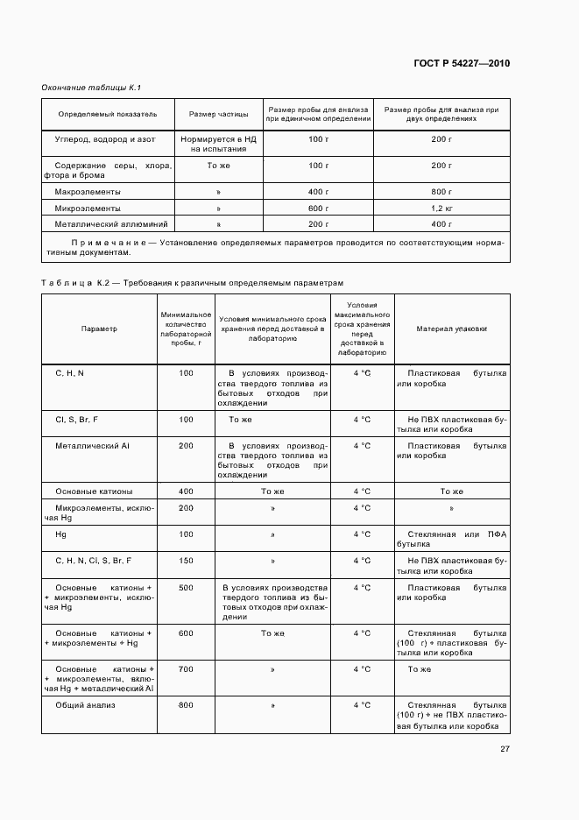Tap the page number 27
[x=505, y=748]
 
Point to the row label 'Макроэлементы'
[x=88, y=191]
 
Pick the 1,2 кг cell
[x=441, y=209]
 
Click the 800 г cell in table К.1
[x=441, y=191]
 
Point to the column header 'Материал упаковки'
[x=452, y=329]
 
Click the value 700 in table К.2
[x=186, y=669]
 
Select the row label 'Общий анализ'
[x=86, y=705]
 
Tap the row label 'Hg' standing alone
[x=60, y=534]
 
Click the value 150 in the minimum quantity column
[x=186, y=560]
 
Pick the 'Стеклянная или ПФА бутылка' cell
[x=452, y=539]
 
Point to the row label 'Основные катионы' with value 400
[x=94, y=491]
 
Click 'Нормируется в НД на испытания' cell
[x=218, y=144]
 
